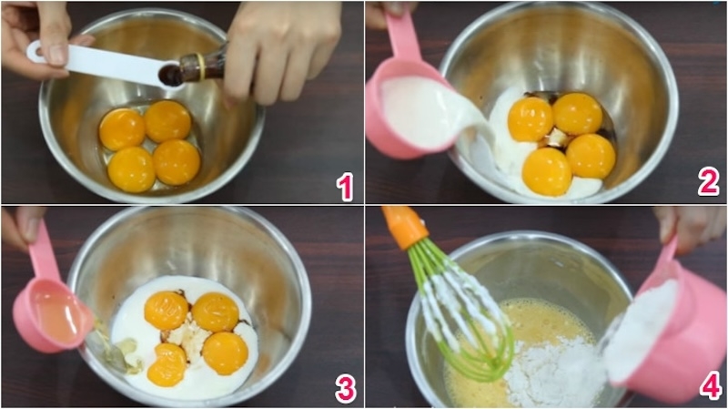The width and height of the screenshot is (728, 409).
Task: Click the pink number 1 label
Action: pyautogui.click(x=344, y=187)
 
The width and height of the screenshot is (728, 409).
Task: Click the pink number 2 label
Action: pyautogui.click(x=708, y=182)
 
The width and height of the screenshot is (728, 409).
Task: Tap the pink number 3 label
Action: pyautogui.click(x=345, y=388)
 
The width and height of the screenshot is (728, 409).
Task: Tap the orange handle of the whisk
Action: pyautogui.click(x=405, y=226)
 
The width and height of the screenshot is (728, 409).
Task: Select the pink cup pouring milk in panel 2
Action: pyautogui.click(x=409, y=109)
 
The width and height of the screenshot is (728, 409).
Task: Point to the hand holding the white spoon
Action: pyautogui.click(x=36, y=32)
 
